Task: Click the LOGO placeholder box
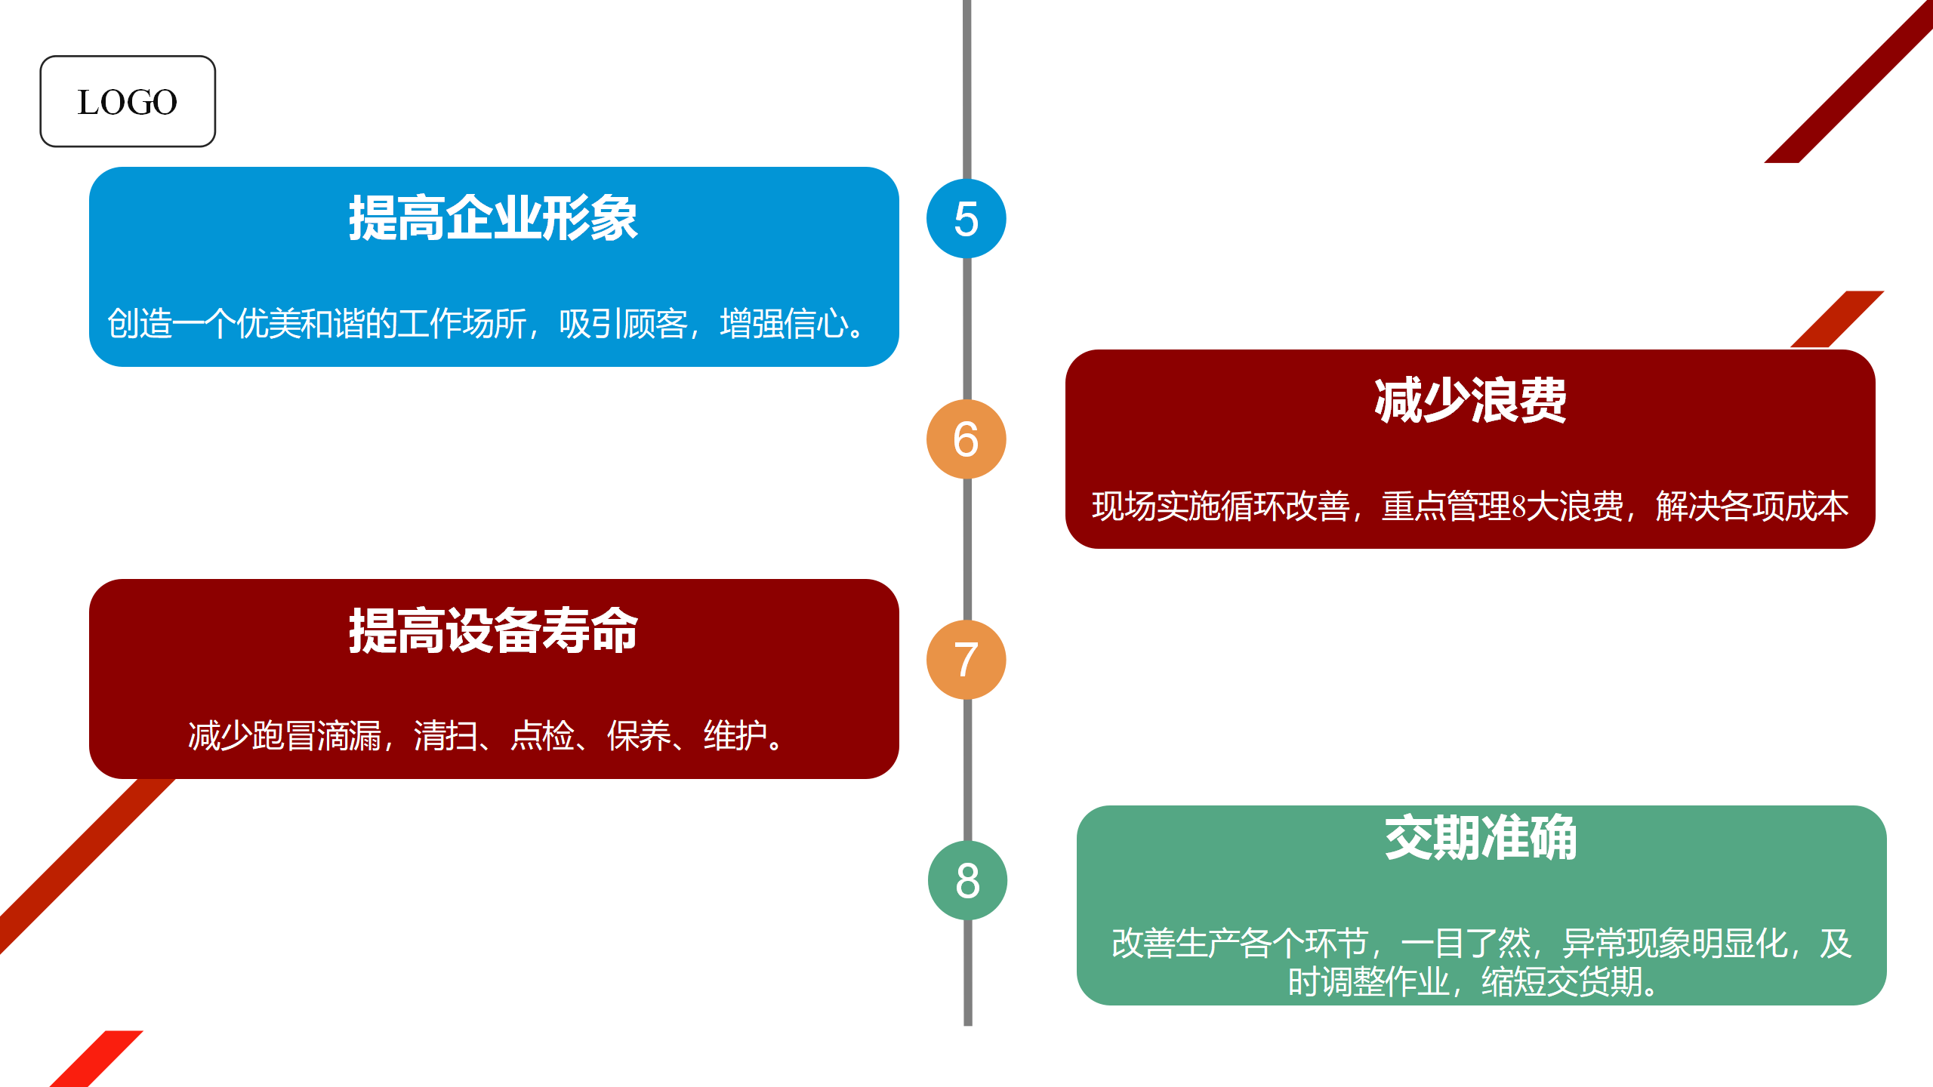(128, 101)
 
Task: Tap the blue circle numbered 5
(966, 219)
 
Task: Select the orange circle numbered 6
(966, 439)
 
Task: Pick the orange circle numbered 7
(966, 660)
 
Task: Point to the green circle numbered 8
(967, 880)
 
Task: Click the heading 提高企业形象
(493, 218)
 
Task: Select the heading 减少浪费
(1470, 400)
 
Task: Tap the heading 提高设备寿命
(493, 630)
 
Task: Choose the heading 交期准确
(1481, 837)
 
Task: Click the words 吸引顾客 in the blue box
(622, 324)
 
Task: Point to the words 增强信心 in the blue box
(784, 324)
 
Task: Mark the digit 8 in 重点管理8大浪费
(1519, 507)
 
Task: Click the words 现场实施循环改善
(1220, 507)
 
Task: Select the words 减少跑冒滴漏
(285, 736)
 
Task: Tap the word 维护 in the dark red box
(735, 736)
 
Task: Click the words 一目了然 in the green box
(1466, 943)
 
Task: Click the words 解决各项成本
(1752, 507)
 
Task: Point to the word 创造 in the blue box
(140, 324)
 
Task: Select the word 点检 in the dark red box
(542, 736)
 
